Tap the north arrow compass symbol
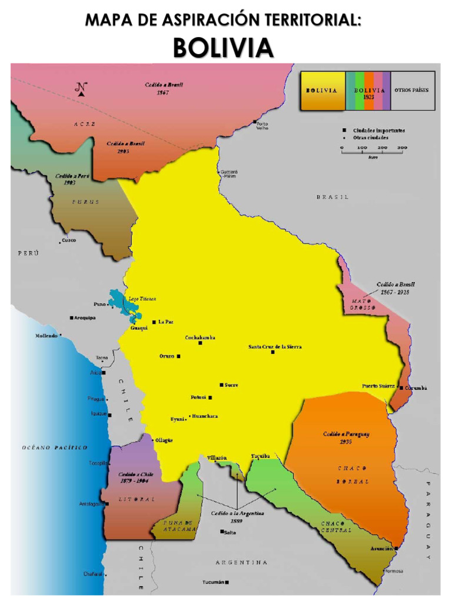tap(81, 88)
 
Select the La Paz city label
tap(166, 322)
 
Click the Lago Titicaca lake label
tap(142, 299)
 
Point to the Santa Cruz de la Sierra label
tap(275, 347)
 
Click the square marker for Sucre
tap(222, 385)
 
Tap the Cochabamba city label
tap(200, 337)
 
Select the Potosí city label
tap(198, 397)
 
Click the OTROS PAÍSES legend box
tap(412, 91)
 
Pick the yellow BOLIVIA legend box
tap(321, 91)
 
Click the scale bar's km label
tap(373, 157)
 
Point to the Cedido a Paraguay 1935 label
tap(346, 438)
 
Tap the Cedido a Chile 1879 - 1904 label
tap(133, 477)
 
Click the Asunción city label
tap(381, 548)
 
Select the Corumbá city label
tap(416, 388)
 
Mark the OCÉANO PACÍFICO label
tap(55, 447)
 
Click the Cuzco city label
tap(69, 240)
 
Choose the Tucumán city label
tap(213, 582)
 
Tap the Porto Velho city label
tap(262, 125)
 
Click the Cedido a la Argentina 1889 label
tap(238, 517)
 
